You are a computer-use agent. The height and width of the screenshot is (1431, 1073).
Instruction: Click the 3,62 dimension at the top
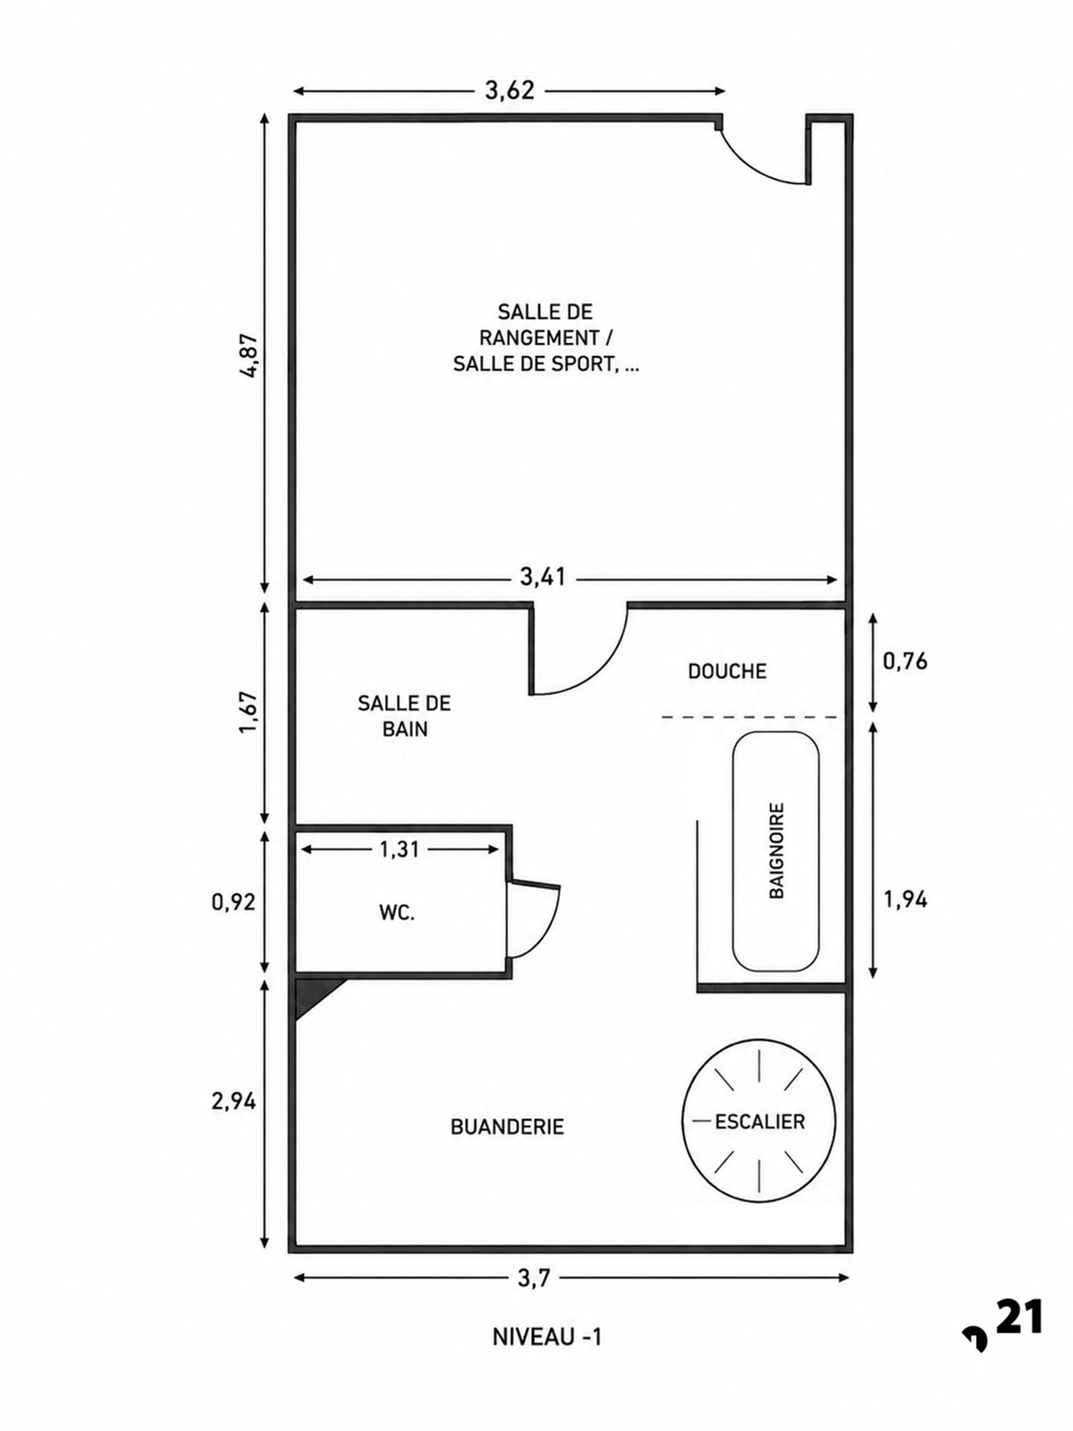tap(510, 90)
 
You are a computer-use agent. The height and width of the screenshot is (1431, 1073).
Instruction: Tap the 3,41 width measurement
tap(543, 576)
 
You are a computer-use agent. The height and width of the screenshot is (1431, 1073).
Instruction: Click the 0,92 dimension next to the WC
tap(234, 901)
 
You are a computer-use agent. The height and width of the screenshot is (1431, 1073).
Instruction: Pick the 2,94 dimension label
tap(234, 1101)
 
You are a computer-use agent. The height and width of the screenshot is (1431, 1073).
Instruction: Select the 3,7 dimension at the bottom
tap(534, 1278)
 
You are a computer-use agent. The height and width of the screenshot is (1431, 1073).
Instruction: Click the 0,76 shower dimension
tap(905, 661)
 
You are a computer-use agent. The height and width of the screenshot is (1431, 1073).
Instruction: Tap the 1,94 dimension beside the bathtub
tap(905, 899)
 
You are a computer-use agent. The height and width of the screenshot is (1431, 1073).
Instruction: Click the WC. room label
tap(396, 913)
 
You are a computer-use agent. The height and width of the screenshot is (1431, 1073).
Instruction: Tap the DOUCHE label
tap(727, 671)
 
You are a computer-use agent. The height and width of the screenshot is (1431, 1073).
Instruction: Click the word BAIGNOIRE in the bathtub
tap(777, 850)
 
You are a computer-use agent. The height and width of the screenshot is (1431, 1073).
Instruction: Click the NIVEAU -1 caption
tap(547, 1337)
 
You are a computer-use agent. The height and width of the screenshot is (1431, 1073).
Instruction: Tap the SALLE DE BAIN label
tap(404, 715)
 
